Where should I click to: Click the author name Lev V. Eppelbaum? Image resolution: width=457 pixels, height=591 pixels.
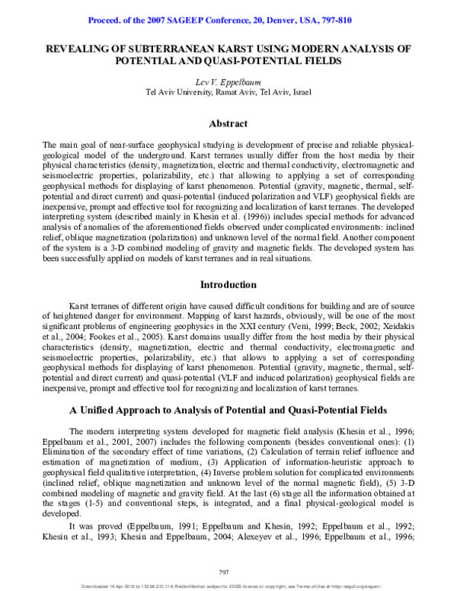(228, 81)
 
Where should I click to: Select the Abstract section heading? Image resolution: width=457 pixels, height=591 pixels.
(228, 123)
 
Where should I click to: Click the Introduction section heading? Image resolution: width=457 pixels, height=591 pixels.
(228, 285)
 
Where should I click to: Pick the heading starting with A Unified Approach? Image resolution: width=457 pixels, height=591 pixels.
(228, 410)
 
